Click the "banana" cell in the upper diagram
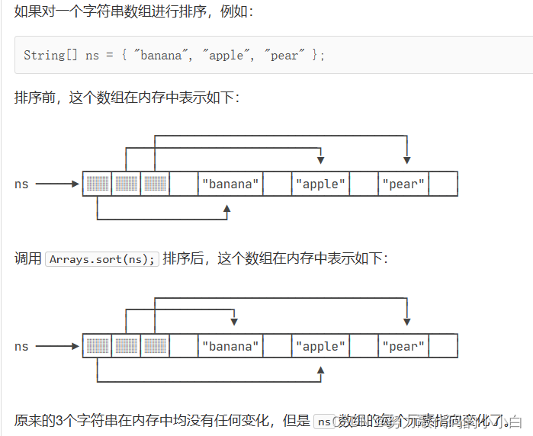pos(230,184)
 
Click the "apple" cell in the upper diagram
pos(320,184)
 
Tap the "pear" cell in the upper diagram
pos(403,184)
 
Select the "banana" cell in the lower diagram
pos(230,346)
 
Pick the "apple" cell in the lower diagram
pos(320,346)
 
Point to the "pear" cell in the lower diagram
pos(403,346)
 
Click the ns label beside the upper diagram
pos(21,184)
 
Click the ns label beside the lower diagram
pos(21,346)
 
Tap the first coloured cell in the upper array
pos(97,184)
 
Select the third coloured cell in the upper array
pos(155,184)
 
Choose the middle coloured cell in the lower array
pos(126,346)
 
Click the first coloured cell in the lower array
pos(97,346)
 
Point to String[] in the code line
pos(44,56)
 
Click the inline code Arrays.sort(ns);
pos(102,259)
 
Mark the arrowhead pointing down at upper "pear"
pos(408,159)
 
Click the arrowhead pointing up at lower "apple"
pos(320,371)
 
